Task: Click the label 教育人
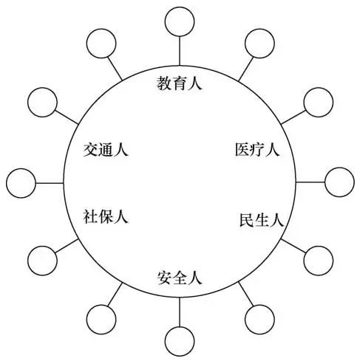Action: click(x=180, y=83)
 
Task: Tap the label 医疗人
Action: click(x=257, y=149)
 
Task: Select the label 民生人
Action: click(x=262, y=219)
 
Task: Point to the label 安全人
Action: click(x=180, y=278)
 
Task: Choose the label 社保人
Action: click(x=106, y=216)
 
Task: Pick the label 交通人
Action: click(x=106, y=149)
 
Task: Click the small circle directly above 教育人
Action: click(x=180, y=21)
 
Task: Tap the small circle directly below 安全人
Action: click(x=180, y=341)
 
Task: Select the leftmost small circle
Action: click(x=21, y=183)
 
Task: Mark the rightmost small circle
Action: click(x=339, y=182)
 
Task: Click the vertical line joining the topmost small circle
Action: click(x=180, y=51)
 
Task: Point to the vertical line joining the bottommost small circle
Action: click(x=180, y=312)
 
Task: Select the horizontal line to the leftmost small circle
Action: click(x=50, y=183)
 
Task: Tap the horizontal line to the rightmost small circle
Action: click(x=310, y=182)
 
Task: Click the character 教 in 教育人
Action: click(x=164, y=83)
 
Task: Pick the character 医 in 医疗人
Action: click(x=242, y=149)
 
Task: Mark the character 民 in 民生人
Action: click(x=247, y=219)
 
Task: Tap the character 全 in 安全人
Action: click(x=180, y=278)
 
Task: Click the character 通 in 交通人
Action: click(x=106, y=149)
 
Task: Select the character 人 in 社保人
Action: click(x=121, y=216)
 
